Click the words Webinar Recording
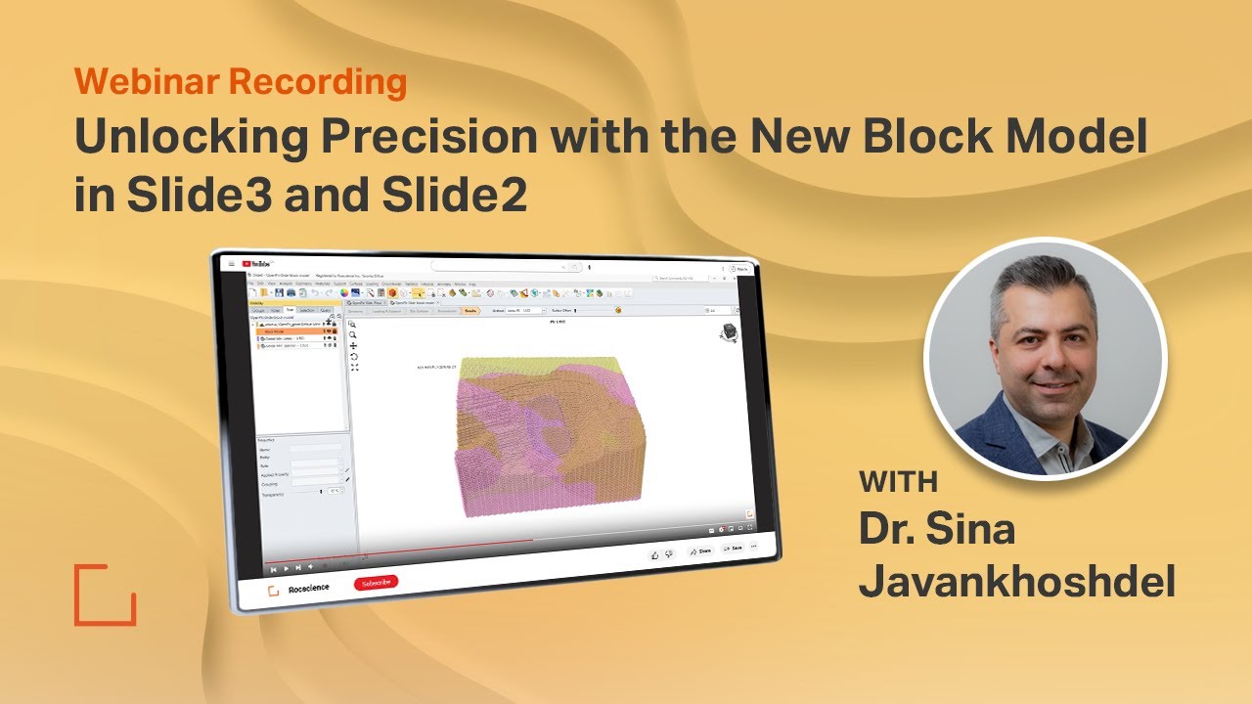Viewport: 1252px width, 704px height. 240,83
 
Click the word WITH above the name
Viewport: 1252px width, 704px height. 898,482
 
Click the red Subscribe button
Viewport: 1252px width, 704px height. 376,583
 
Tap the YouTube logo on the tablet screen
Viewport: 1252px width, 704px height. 259,263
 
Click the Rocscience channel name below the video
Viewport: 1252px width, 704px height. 308,588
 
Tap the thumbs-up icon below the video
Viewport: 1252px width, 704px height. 654,554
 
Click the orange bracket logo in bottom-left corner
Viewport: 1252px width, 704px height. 105,594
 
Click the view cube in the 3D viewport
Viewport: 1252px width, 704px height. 729,333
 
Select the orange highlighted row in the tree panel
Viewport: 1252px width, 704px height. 293,330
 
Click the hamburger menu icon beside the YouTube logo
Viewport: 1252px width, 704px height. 231,263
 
